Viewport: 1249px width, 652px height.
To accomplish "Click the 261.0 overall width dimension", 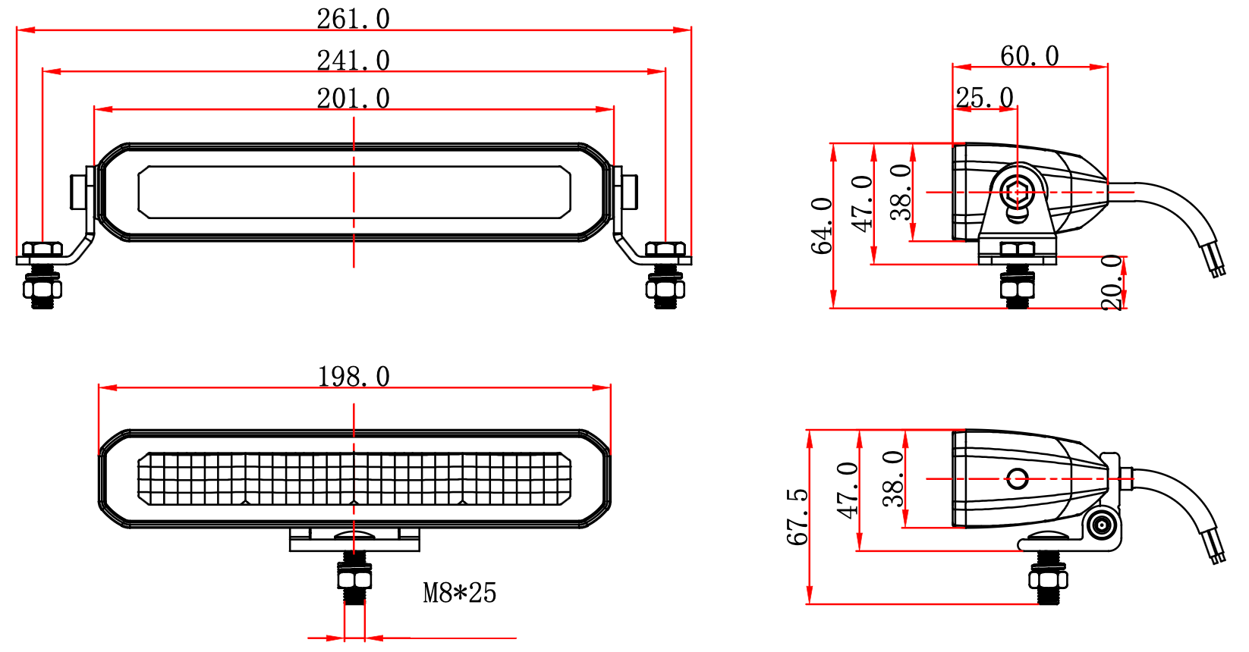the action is tap(353, 19).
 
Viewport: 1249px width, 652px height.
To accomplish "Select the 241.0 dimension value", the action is tap(353, 60).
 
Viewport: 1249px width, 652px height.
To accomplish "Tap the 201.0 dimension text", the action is tap(353, 99).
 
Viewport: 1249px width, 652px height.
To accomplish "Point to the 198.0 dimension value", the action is tap(353, 377).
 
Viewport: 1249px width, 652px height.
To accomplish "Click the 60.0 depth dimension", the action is tap(1029, 56).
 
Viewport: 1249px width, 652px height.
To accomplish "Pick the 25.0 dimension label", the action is tap(985, 98).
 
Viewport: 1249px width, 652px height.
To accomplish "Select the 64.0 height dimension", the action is tap(821, 225).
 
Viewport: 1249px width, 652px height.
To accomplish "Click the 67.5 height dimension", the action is tap(798, 516).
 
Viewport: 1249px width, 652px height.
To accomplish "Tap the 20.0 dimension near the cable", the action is tap(1112, 282).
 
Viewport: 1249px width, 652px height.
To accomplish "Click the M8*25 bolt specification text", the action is tap(459, 593).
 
